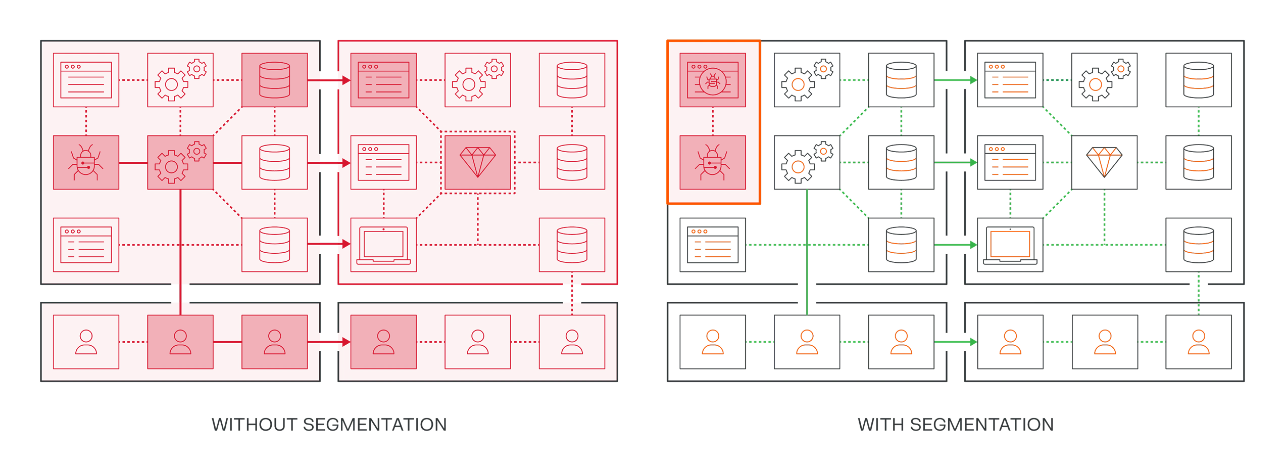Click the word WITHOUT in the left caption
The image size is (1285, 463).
254,425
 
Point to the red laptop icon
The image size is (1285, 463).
383,246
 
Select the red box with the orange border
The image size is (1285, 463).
714,122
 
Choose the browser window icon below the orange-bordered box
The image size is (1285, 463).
713,245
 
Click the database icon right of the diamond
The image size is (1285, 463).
1198,162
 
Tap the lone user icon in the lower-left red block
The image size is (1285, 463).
85,342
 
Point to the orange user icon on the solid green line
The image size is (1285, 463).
807,342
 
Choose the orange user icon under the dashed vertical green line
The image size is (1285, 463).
1198,342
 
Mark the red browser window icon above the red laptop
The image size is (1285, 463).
383,162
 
